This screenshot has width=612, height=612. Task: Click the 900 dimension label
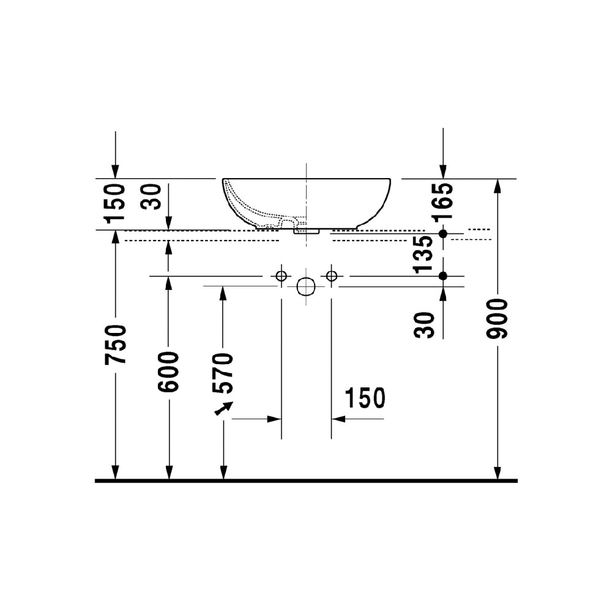[497, 318]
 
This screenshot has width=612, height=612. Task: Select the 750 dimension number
[116, 344]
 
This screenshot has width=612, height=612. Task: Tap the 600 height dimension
[168, 371]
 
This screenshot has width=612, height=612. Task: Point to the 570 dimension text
[223, 373]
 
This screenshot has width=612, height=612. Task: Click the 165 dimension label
[443, 201]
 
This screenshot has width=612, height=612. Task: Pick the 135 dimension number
[424, 254]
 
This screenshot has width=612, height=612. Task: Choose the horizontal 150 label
[365, 398]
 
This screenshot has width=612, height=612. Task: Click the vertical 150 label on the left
[116, 203]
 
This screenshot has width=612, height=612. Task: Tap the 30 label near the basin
[151, 196]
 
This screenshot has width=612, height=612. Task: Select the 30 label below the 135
[424, 325]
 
